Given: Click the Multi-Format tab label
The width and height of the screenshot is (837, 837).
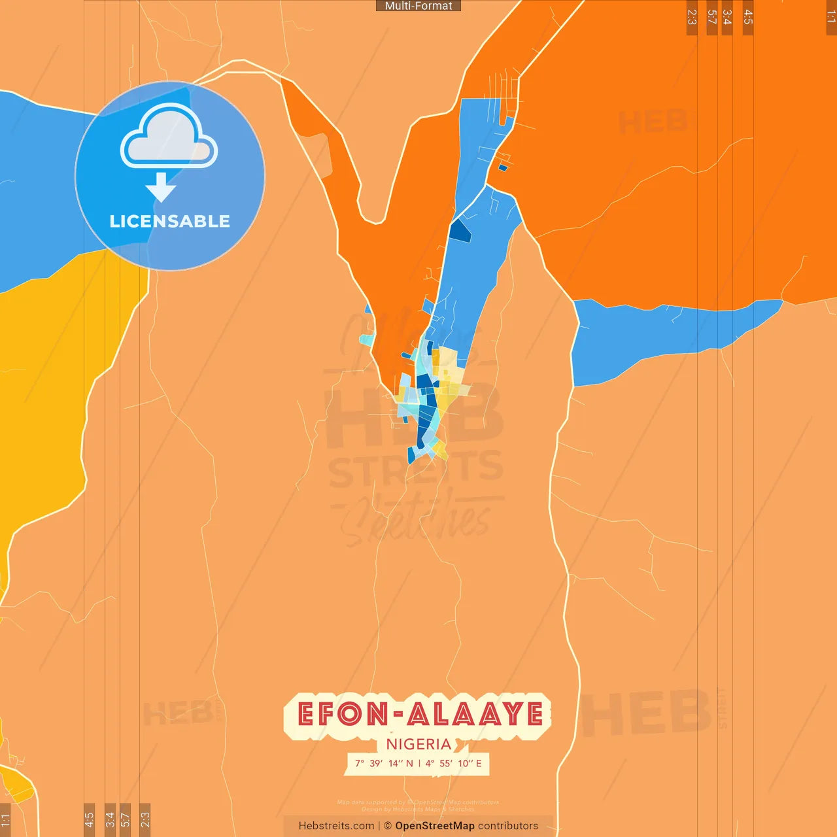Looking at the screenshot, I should tap(418, 6).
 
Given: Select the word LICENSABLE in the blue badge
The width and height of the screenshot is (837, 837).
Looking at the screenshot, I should tap(169, 222).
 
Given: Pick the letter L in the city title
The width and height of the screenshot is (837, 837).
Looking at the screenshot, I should tap(439, 714).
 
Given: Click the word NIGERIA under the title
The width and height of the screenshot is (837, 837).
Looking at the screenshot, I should tap(418, 744).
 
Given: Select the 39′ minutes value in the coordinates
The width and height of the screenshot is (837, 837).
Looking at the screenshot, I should tap(376, 763).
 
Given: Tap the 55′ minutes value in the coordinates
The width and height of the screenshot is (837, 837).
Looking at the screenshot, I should tap(445, 763).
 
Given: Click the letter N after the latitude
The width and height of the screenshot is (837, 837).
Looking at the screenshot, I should tap(410, 763).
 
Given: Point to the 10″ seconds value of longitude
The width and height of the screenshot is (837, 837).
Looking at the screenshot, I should tap(466, 763).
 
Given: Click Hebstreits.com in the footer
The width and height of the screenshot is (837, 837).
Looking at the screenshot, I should tap(336, 826).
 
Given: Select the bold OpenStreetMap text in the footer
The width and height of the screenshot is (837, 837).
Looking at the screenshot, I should tap(435, 826).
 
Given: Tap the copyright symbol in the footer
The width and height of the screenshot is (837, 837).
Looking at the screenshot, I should tap(388, 826).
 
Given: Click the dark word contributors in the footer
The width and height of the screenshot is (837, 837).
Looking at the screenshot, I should tap(508, 826).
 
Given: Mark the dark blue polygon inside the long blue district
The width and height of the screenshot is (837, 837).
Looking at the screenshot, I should tap(460, 231).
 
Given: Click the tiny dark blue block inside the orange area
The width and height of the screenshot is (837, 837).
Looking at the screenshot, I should tap(503, 168).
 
